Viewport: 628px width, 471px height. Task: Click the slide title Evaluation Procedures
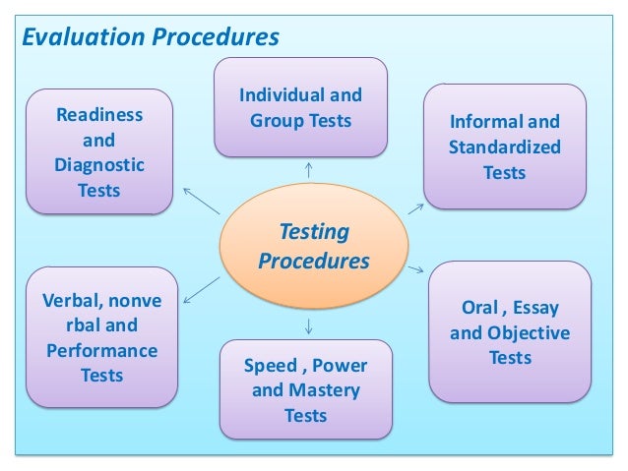[x=151, y=38]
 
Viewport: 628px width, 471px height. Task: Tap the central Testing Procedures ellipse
[x=314, y=248]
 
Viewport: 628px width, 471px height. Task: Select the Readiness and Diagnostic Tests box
[x=98, y=151]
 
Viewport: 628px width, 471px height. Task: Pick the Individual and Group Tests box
[x=300, y=108]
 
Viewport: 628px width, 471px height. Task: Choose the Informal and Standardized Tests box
[x=504, y=147]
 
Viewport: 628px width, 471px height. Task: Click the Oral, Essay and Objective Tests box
[x=509, y=332]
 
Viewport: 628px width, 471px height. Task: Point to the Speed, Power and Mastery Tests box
[x=305, y=389]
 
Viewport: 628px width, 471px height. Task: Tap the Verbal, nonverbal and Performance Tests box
[x=98, y=336]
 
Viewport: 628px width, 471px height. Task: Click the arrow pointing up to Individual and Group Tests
[x=310, y=170]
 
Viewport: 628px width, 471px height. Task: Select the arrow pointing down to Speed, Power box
[x=310, y=324]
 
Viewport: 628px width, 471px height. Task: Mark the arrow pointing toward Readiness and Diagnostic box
[x=202, y=200]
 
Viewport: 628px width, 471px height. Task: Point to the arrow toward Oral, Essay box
[x=413, y=266]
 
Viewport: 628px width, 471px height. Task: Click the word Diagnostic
[x=98, y=164]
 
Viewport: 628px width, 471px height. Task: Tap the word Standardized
[x=504, y=148]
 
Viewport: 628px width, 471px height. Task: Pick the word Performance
[x=100, y=350]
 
